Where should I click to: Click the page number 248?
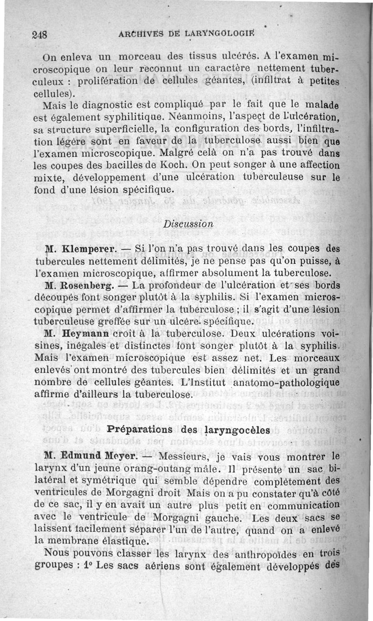(41, 35)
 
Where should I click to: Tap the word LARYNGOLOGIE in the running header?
(222, 34)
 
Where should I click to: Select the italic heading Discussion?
(188, 223)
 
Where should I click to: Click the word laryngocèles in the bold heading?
(239, 430)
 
